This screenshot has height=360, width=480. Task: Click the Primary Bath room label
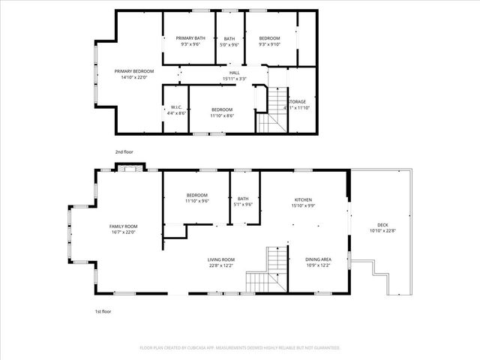pos(190,38)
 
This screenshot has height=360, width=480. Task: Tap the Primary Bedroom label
pos(129,72)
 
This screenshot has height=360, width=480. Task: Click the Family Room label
pos(123,226)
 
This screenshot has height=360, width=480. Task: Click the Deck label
pos(382,226)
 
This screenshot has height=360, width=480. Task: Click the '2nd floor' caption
pos(124,152)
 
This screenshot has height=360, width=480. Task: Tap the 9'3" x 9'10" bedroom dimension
pos(269,44)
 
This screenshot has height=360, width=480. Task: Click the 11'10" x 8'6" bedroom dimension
pos(221,115)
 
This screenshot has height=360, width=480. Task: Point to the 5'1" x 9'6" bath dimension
pos(244,205)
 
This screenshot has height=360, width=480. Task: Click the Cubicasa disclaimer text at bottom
pos(240,348)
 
